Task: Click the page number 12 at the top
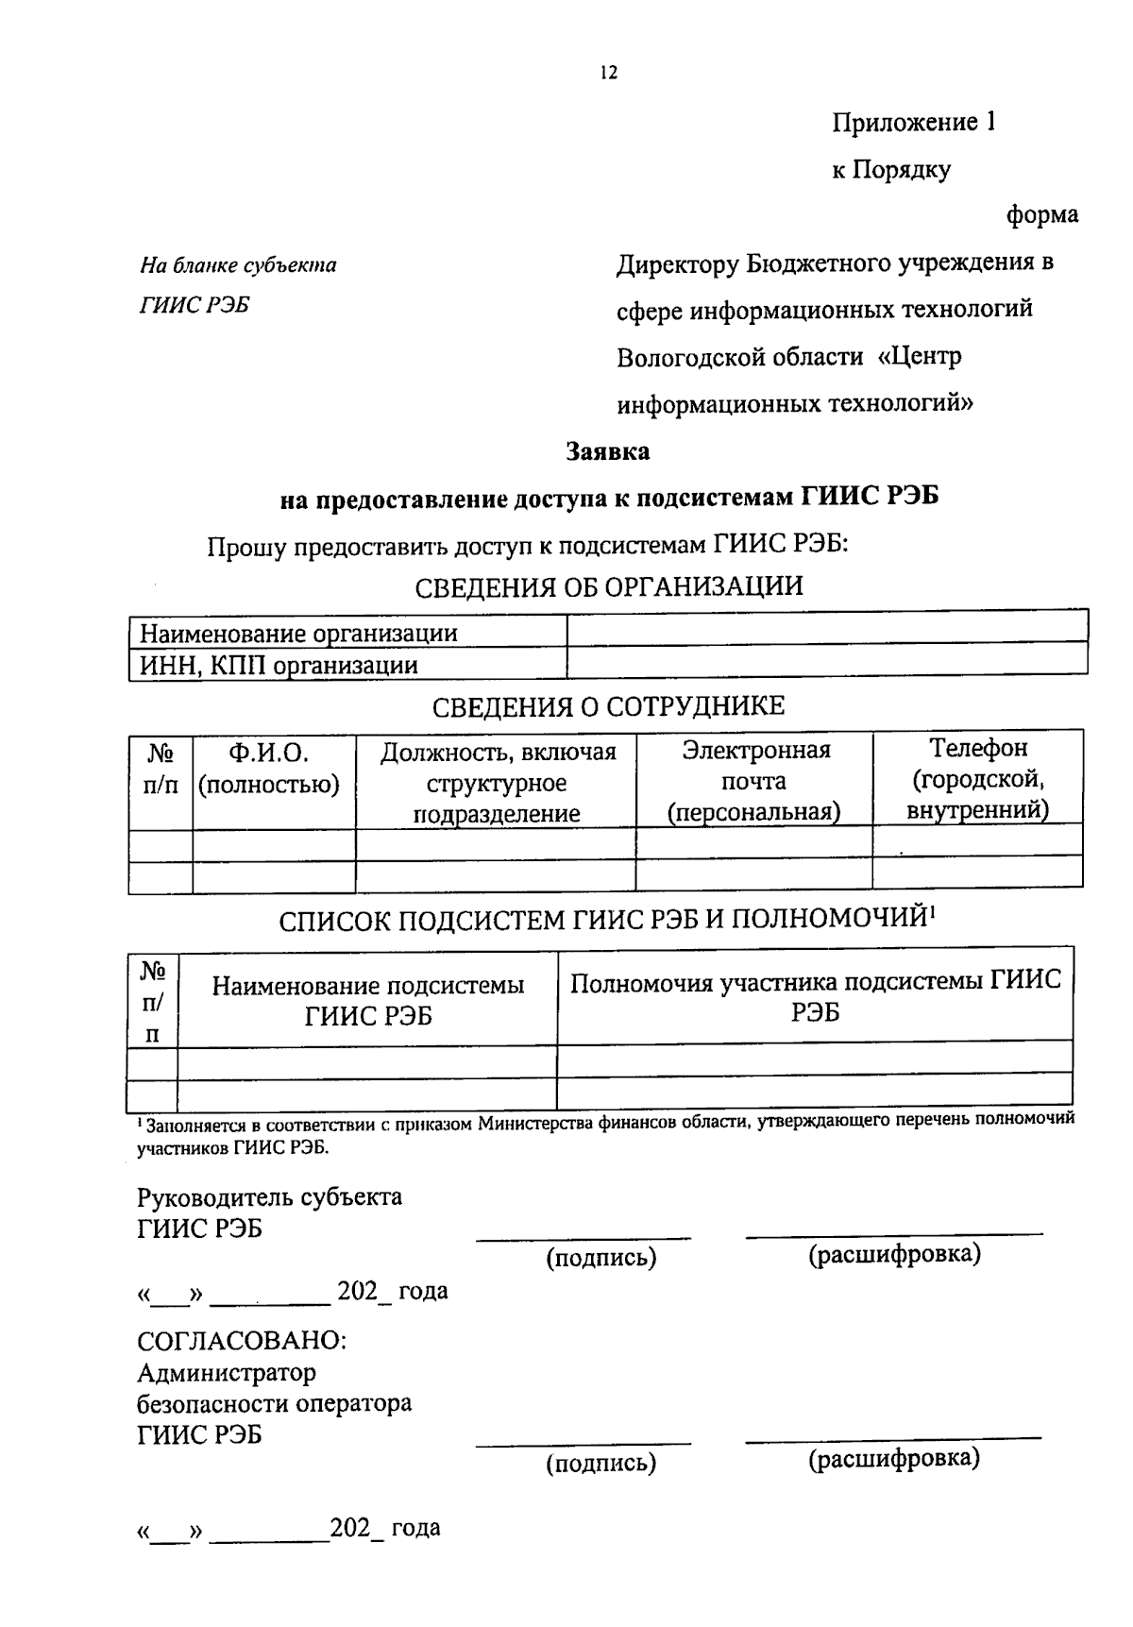(x=608, y=73)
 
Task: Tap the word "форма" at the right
(x=1041, y=215)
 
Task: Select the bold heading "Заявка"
(x=607, y=451)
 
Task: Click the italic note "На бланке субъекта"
(x=238, y=265)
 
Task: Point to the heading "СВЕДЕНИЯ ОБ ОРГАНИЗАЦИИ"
(x=609, y=586)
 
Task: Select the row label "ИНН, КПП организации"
(x=279, y=665)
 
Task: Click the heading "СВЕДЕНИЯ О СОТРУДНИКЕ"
(x=608, y=706)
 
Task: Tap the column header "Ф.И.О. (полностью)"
(x=269, y=769)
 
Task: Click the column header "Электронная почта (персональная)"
(x=754, y=781)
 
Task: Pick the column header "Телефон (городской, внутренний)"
(x=977, y=779)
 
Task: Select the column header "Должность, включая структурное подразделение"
(x=497, y=783)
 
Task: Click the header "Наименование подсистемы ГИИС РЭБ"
(x=367, y=1000)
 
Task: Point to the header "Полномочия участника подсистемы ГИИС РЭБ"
(x=815, y=996)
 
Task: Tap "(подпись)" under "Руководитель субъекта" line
(x=600, y=1258)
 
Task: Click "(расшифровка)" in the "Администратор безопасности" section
(x=893, y=1459)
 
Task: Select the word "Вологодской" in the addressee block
(x=680, y=357)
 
